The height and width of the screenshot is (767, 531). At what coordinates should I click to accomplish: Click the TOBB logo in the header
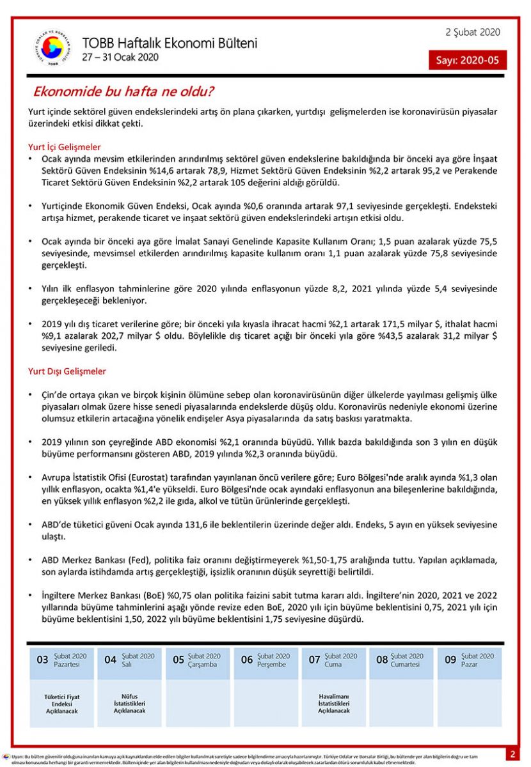[x=51, y=49]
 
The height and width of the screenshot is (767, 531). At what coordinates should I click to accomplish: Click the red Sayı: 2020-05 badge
[x=467, y=60]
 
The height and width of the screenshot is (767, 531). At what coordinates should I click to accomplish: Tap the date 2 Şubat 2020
[x=473, y=33]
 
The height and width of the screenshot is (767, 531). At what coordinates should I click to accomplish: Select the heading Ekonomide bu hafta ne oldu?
[x=123, y=91]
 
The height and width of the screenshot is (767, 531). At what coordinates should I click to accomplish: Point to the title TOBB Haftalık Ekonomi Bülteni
[x=170, y=43]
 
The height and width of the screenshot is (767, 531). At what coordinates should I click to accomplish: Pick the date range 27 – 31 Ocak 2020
[x=120, y=57]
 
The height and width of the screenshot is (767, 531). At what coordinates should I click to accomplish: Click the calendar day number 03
[x=42, y=660]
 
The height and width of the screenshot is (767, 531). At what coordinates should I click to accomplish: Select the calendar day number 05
[x=178, y=660]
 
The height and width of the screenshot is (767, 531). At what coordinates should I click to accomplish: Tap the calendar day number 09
[x=450, y=660]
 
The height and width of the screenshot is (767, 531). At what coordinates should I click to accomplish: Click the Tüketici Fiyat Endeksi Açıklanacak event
[x=62, y=704]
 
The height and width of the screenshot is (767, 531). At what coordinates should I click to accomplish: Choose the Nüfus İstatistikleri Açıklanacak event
[x=129, y=704]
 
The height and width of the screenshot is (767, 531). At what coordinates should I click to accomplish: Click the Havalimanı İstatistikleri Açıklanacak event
[x=334, y=704]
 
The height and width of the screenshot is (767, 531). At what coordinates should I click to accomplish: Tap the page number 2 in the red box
[x=513, y=754]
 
